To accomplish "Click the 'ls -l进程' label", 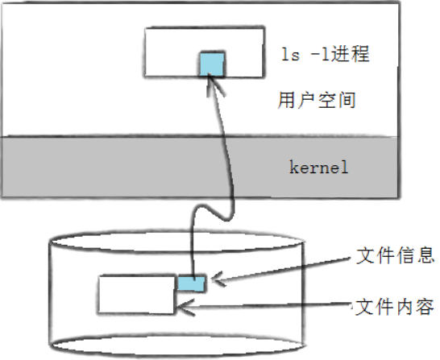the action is click(x=326, y=54).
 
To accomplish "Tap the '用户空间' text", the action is click(x=317, y=100).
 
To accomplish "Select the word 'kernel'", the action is click(x=319, y=168).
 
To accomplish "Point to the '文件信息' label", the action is click(x=395, y=255).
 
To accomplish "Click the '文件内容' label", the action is click(x=395, y=307).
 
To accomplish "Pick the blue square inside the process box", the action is click(x=212, y=64).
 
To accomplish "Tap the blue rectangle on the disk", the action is click(x=191, y=283).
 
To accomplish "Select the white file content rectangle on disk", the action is click(x=137, y=294).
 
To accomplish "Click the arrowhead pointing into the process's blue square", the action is click(x=214, y=83).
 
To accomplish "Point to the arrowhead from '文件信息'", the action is click(x=218, y=279).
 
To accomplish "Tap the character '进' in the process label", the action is click(x=341, y=54).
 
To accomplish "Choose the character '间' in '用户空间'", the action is click(x=347, y=100).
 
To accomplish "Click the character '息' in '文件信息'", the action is click(x=425, y=255).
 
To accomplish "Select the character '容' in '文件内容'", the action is click(x=425, y=307).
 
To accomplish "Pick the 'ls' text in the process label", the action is click(x=290, y=54).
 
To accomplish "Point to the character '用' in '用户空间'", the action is click(x=286, y=100).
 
